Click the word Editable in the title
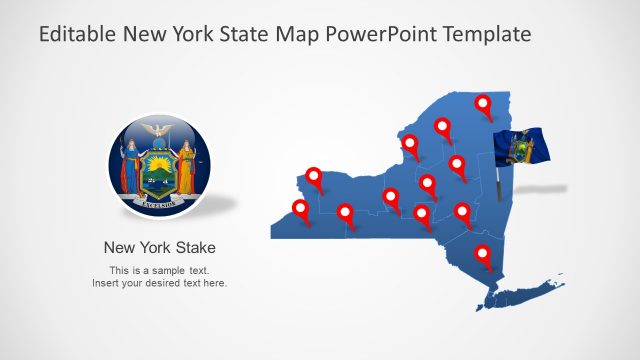pyautogui.click(x=78, y=35)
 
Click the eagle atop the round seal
pyautogui.click(x=154, y=130)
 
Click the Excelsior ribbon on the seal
pyautogui.click(x=156, y=202)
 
